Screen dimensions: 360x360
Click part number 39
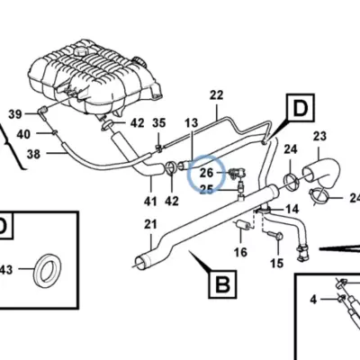pos(15,114)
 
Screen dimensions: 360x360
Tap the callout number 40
pos(23,134)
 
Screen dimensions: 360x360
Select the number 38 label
pos(33,154)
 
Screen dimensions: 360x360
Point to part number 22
pos(217,95)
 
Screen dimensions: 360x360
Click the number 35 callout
pos(159,122)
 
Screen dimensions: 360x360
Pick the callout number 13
pos(192,122)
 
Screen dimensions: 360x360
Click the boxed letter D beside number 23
pos(301,108)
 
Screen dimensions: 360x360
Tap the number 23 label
pos(319,136)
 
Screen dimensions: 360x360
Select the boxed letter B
pos(222,284)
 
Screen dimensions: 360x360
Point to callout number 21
pos(150,224)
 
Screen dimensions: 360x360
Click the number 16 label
pos(240,252)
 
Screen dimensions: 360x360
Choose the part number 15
pos(276,263)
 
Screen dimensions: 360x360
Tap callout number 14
pos(292,209)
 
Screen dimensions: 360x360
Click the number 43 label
pos(6,270)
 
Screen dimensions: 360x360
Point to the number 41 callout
pos(150,201)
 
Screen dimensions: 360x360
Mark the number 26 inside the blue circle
pos(206,173)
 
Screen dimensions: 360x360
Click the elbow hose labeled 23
pos(321,175)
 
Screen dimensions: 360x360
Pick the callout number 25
pos(206,189)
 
